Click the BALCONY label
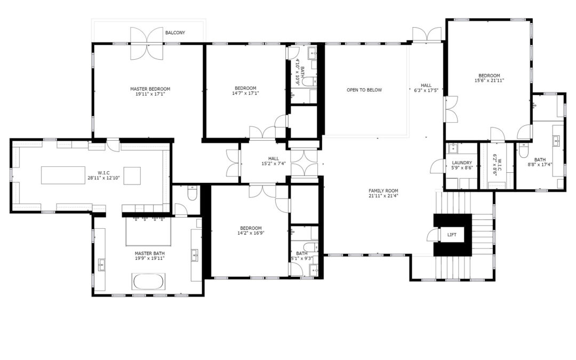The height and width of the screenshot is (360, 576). pos(175,33)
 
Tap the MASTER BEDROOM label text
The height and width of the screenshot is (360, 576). pos(150,89)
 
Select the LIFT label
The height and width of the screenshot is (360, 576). pos(452,235)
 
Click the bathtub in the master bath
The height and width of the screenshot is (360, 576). pos(148,282)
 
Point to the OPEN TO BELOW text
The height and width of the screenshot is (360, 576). pos(364,90)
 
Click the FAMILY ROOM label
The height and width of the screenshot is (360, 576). pos(383,190)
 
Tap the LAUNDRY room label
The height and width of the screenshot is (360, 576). pos(462,163)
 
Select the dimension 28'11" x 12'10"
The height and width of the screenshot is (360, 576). pos(103,178)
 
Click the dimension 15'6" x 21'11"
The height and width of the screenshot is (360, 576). pos(489,81)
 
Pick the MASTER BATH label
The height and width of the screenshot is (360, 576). pos(149,253)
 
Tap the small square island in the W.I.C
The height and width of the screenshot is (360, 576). pos(132,175)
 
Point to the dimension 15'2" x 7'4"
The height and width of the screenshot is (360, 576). pos(273,164)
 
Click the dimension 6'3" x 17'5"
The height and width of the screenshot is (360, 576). pos(426,90)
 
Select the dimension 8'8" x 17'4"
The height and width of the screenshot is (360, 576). pos(540,165)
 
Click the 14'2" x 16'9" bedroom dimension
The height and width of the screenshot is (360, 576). pos(251,233)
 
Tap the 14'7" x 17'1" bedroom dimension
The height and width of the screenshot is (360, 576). pos(245,93)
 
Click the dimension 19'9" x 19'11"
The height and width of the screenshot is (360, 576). pos(149,258)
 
